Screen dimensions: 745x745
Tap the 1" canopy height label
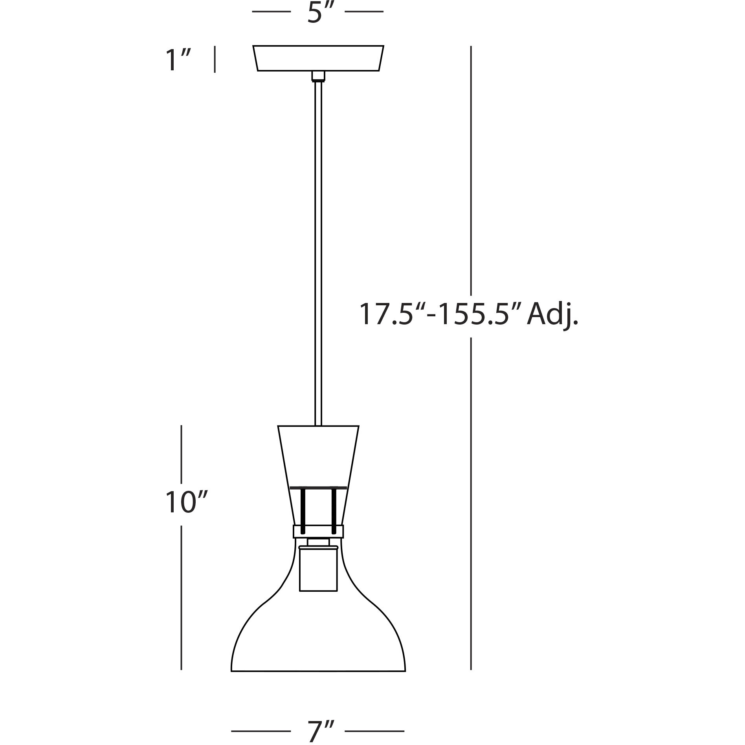[178, 60]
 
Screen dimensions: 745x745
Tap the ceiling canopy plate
[318, 58]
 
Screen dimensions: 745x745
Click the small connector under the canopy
[318, 76]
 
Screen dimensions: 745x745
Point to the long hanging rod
[318, 251]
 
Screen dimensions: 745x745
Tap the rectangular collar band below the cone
[318, 531]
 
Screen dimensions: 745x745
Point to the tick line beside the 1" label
[215, 59]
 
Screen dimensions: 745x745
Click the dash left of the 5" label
[271, 12]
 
